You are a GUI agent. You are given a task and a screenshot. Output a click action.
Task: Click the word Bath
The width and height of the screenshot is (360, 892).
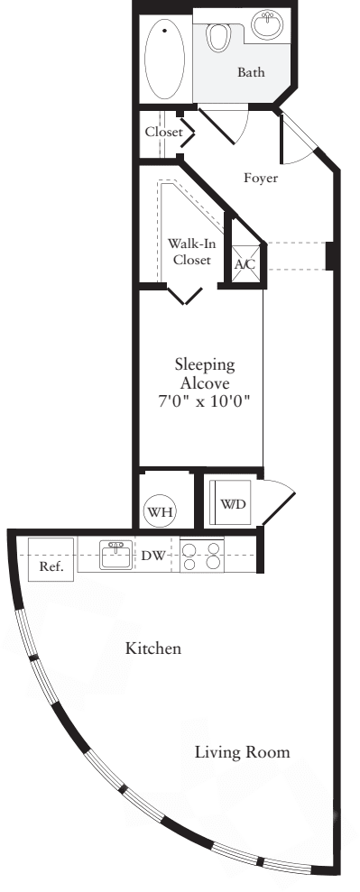(251, 72)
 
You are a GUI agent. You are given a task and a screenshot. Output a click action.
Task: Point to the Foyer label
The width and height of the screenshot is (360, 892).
(261, 178)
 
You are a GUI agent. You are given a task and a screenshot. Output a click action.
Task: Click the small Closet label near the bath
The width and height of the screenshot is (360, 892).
(163, 133)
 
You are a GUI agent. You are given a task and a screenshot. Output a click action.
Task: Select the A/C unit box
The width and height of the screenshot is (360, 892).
(245, 264)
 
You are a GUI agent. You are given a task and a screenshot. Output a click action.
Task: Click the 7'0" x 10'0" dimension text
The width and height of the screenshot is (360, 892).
(205, 399)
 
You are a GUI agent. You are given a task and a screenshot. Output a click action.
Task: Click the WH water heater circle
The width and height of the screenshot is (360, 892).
(162, 511)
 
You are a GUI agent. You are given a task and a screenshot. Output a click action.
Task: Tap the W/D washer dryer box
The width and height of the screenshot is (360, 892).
(230, 502)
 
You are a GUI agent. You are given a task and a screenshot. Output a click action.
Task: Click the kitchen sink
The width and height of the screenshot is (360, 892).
(115, 556)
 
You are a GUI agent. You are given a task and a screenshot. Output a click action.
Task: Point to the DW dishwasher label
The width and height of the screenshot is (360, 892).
(152, 556)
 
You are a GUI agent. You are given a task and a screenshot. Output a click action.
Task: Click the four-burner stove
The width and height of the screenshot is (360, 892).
(202, 555)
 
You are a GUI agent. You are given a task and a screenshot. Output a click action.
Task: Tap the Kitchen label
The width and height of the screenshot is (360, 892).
(153, 648)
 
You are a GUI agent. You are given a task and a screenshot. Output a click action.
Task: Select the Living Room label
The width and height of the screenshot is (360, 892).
(244, 751)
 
